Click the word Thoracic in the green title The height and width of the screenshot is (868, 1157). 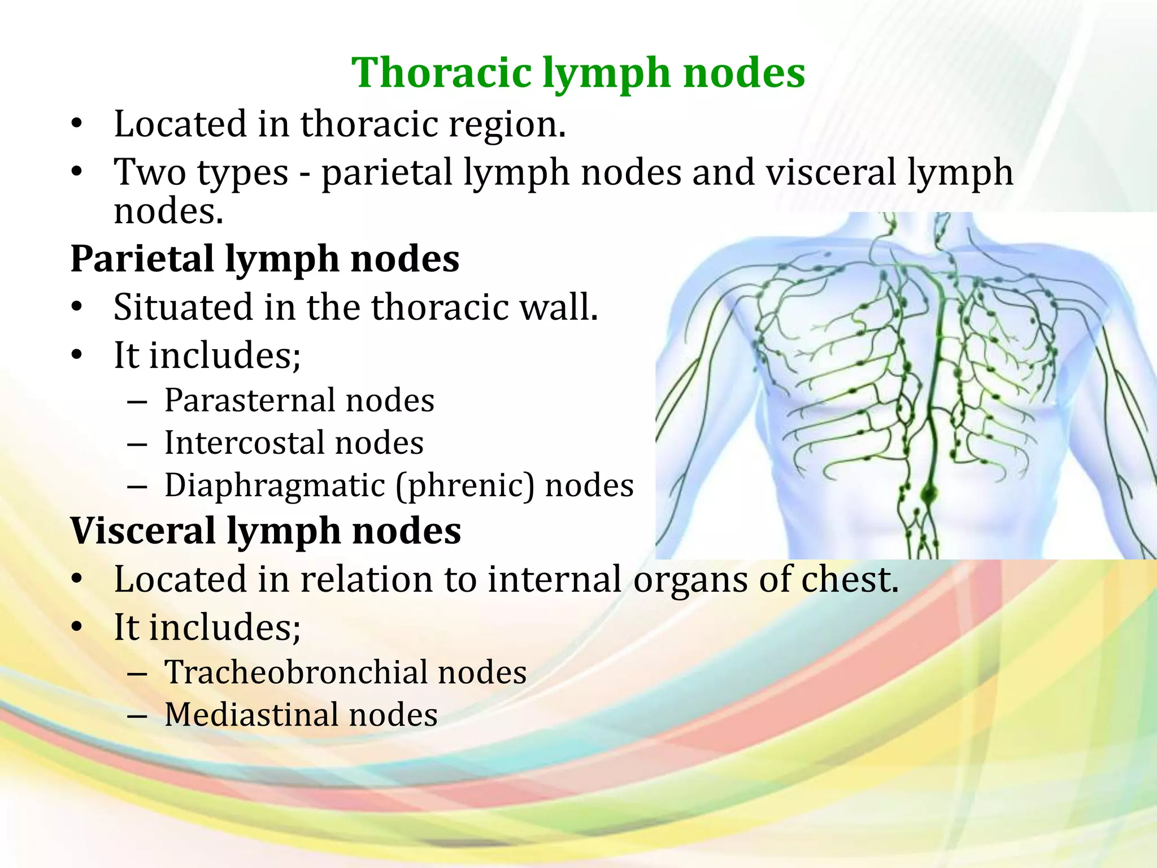[x=441, y=73]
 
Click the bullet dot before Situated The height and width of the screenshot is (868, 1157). [x=77, y=307]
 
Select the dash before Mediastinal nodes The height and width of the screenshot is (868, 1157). [x=137, y=716]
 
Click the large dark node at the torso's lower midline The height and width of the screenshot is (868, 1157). [x=928, y=496]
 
